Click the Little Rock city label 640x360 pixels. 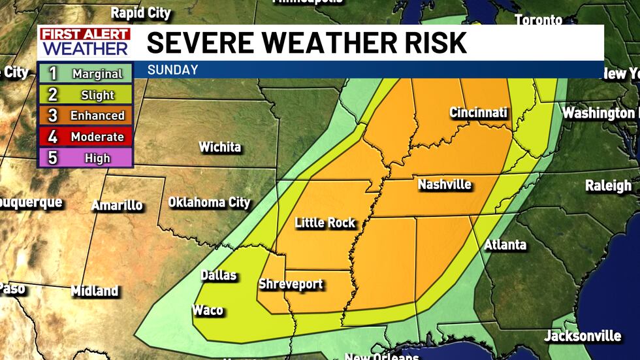(x=325, y=223)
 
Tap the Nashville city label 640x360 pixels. (x=444, y=185)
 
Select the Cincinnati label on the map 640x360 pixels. (x=478, y=113)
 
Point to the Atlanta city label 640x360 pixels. (x=505, y=245)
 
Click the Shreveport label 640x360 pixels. (x=291, y=285)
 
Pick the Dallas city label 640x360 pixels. (x=218, y=275)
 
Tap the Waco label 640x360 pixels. (x=207, y=310)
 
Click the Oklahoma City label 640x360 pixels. (x=209, y=203)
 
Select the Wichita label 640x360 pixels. (x=219, y=147)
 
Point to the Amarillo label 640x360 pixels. (x=117, y=205)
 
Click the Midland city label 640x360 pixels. (x=95, y=291)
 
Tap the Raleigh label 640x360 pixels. (x=608, y=186)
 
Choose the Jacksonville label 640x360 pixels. (x=583, y=336)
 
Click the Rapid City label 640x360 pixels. (x=140, y=12)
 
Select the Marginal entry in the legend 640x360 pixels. (x=86, y=74)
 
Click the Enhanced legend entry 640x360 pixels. (x=86, y=116)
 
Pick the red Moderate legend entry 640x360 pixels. (x=86, y=137)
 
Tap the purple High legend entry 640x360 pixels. (x=86, y=157)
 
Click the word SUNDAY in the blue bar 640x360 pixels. (x=172, y=70)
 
